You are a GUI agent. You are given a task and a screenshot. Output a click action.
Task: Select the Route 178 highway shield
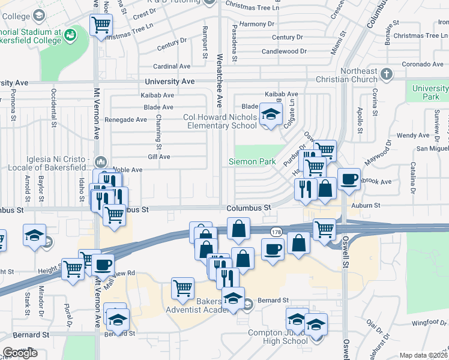276,231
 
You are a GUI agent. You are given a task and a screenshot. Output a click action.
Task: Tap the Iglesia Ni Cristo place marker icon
101,161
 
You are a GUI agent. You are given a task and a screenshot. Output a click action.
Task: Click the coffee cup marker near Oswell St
349,178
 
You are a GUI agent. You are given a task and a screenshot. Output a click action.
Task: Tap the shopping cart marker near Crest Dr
101,25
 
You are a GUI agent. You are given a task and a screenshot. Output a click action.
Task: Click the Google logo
20,353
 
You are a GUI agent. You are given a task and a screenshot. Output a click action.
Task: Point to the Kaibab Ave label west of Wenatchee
157,95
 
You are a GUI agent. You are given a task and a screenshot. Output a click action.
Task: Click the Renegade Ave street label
125,119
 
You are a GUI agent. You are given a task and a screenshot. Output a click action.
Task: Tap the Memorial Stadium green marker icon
71,35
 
